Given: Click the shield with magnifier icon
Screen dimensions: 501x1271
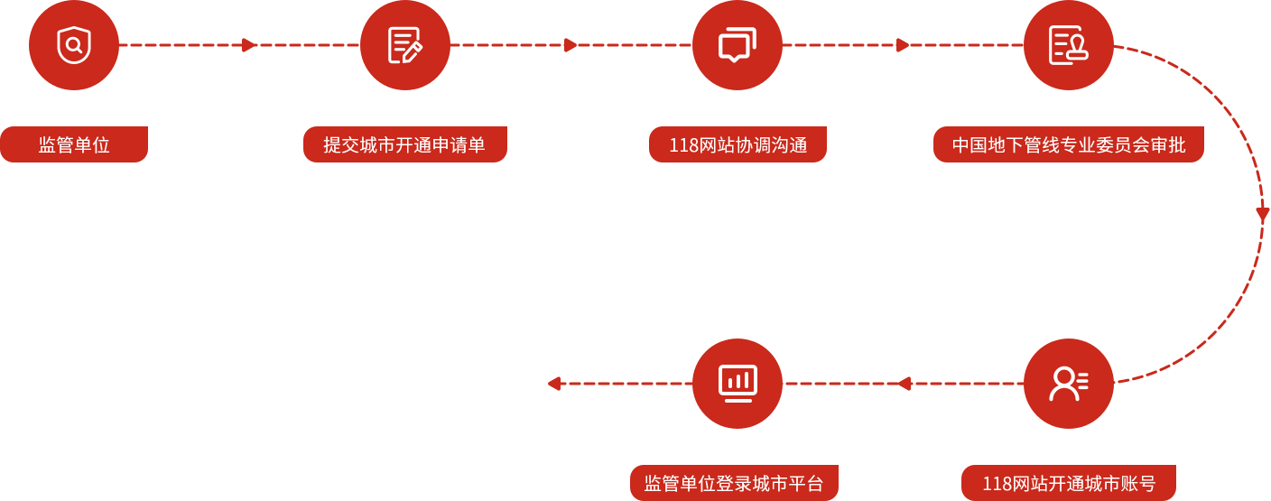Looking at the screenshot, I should coord(74,45).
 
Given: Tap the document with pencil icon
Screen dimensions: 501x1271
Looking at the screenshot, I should coord(405,45).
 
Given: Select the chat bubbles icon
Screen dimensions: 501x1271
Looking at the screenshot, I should coord(738,45).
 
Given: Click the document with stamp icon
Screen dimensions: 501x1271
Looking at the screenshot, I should coord(1069,45).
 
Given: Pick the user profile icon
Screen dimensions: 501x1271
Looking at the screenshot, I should coord(1069,384).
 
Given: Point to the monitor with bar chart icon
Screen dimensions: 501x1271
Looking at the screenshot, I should coord(738,384).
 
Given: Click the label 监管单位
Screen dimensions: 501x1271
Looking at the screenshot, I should coord(74,144).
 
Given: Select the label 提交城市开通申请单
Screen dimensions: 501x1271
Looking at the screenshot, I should coord(404,144).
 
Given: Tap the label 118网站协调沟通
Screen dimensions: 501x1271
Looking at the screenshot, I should coord(738,144).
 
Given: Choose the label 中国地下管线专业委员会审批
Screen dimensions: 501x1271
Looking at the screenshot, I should coord(1069,144).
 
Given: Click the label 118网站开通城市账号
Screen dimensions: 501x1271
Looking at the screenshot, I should coord(1069,483).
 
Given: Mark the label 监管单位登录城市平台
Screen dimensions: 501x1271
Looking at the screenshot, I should coord(734,483).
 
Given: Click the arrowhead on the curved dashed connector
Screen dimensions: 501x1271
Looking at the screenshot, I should coord(1262,215).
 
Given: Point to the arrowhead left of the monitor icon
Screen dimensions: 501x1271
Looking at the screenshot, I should coord(554,384).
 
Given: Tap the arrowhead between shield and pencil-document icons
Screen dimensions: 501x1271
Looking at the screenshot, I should coord(249,45).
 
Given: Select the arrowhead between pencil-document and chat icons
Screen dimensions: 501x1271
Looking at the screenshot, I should coord(571,45).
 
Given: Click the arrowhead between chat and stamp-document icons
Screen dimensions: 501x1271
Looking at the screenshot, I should coord(903,45).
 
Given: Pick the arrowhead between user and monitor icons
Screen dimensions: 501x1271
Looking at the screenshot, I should coord(904,384).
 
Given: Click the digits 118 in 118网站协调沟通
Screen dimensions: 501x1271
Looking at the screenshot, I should coord(683,144).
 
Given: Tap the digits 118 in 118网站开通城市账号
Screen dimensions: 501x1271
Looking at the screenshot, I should coord(997,483).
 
